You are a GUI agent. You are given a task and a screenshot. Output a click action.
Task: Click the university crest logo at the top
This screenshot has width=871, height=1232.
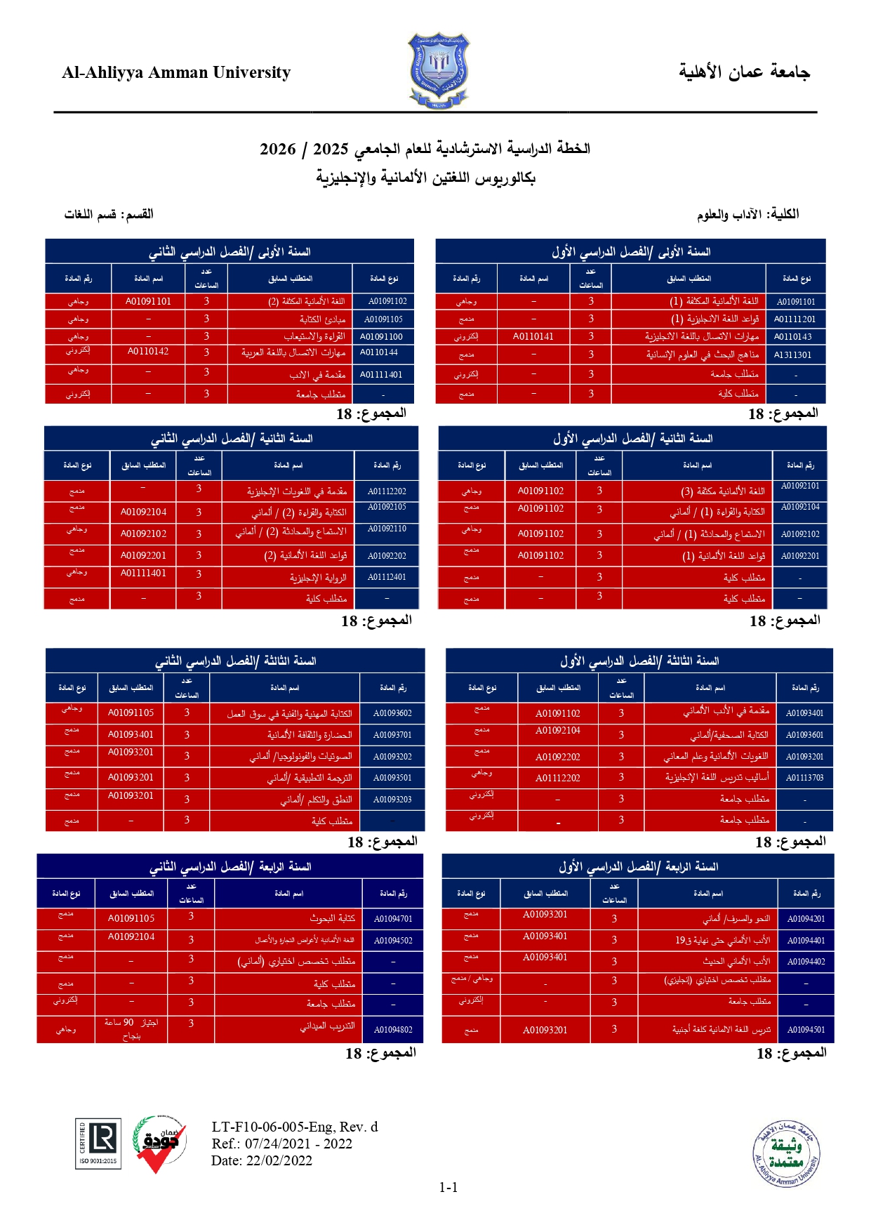439,70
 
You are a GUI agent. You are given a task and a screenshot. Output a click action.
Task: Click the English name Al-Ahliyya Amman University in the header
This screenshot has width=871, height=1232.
176,72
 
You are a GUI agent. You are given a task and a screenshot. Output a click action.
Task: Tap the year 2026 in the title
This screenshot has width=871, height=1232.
278,149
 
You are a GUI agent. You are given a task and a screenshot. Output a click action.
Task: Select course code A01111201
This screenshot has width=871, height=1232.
794,319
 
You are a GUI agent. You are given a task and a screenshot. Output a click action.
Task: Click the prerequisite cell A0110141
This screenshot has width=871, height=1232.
533,337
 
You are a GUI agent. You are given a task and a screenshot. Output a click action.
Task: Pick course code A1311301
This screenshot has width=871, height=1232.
793,355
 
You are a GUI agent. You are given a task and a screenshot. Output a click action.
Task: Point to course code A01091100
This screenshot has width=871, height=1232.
381,337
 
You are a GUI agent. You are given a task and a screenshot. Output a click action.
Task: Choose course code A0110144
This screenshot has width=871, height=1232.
379,352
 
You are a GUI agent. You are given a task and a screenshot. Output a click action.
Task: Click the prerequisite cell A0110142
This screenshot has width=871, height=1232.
148,352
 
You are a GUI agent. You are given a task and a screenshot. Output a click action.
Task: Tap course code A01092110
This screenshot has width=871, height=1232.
387,529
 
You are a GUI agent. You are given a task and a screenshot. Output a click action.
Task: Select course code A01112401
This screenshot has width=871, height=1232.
387,577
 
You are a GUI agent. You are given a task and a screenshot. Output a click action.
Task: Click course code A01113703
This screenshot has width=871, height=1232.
804,778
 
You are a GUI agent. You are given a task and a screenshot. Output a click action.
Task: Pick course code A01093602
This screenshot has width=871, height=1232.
392,713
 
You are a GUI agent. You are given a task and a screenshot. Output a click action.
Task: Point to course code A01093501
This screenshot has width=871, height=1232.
392,778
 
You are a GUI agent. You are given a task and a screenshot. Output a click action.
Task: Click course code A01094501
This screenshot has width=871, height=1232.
806,1030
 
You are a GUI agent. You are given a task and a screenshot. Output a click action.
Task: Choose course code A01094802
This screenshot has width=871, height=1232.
393,1030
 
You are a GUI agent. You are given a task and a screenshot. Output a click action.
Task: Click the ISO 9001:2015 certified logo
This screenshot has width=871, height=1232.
98,1144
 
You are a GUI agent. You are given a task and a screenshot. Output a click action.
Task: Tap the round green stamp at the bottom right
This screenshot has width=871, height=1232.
786,1154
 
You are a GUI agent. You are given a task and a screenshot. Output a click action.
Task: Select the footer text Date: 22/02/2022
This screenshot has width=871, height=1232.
261,1160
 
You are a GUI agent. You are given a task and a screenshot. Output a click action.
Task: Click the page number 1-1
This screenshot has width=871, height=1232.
448,1188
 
